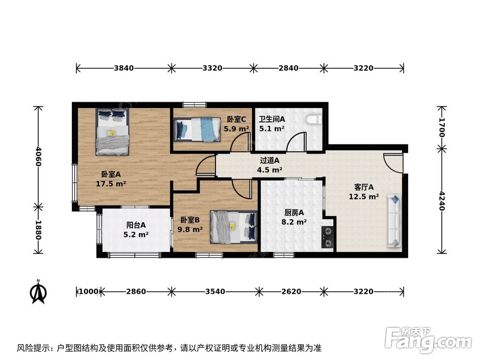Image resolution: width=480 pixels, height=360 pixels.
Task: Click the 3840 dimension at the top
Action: click(124, 68)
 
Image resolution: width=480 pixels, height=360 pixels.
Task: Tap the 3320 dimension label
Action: click(212, 68)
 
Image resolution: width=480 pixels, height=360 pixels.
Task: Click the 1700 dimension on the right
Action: click(442, 127)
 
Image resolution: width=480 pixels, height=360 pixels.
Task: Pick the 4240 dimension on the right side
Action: click(442, 202)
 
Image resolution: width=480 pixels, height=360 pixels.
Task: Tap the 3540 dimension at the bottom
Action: click(214, 291)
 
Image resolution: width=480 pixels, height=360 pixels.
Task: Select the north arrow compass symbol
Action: click(38, 291)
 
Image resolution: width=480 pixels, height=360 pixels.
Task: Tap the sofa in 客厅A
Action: click(395, 221)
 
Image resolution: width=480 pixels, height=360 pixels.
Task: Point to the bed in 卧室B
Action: click(234, 226)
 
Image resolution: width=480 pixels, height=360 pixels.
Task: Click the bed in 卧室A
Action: click(112, 132)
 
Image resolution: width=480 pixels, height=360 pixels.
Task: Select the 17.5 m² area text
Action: click(111, 183)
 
